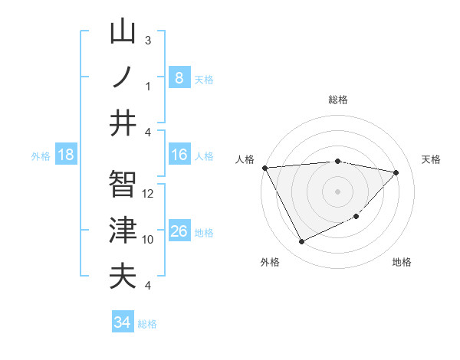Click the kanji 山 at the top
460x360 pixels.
[x=123, y=33]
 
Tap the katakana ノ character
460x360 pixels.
[x=123, y=77]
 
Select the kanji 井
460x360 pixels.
[x=123, y=123]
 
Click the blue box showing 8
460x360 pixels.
[x=179, y=77]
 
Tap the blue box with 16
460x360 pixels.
[x=179, y=155]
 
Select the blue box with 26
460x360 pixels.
[x=179, y=231]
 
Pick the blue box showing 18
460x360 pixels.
[x=66, y=155]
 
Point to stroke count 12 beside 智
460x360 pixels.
[x=149, y=194]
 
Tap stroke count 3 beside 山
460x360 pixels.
[x=148, y=40]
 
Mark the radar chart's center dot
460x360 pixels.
[x=337, y=191]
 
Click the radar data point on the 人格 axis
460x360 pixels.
[x=265, y=167]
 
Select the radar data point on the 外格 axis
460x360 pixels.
[x=301, y=242]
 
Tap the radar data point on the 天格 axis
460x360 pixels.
[x=396, y=172]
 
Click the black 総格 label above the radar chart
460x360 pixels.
[x=337, y=100]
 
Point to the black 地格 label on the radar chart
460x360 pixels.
[x=402, y=262]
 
